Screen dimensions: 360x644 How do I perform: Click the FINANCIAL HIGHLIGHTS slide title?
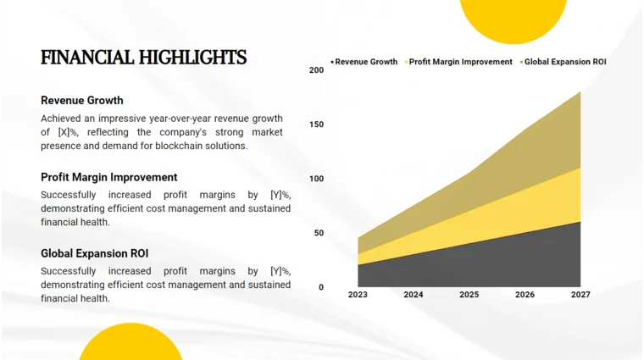143,58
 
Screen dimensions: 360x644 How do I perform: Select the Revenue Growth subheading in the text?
81,101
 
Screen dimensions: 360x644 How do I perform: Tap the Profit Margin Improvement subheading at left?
108,177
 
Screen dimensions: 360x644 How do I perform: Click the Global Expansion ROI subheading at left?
94,253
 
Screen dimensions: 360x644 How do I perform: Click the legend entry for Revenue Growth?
365,62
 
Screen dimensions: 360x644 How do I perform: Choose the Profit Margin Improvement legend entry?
460,62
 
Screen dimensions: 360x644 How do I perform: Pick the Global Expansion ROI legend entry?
564,62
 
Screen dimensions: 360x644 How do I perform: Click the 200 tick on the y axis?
316,70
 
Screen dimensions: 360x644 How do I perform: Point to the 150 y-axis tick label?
316,125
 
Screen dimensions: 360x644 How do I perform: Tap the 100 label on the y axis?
316,179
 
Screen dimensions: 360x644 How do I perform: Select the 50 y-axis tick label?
319,233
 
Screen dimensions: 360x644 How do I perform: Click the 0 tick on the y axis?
321,287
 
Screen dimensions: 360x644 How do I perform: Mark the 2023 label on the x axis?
358,295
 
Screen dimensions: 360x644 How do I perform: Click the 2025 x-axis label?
469,295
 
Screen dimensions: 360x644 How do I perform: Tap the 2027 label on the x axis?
580,295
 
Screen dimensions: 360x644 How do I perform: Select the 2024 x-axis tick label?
414,295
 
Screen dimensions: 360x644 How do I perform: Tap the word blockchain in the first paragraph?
178,146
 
